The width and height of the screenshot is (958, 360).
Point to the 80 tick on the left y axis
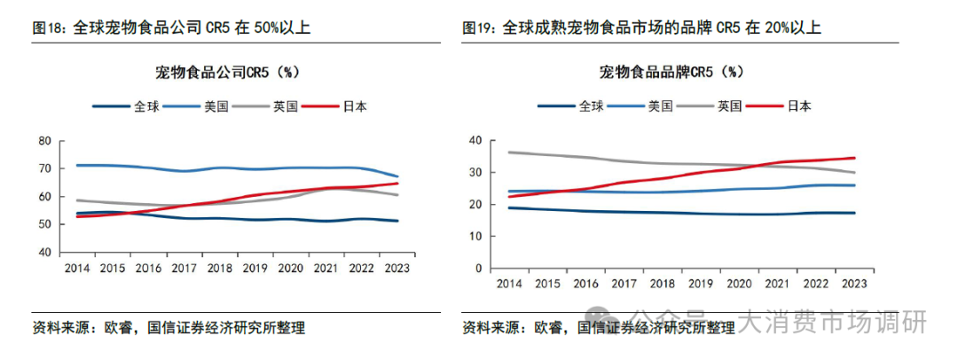pos(43,141)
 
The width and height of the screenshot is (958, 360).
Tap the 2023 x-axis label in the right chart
pos(853,283)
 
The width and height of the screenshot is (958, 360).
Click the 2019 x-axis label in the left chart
pos(255,266)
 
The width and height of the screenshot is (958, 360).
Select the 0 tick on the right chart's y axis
pos(478,268)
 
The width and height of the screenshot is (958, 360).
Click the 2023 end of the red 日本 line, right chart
pos(854,158)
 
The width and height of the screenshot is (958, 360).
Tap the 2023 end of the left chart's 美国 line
pos(397,176)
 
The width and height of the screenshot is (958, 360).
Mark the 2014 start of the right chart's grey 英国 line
pos(508,153)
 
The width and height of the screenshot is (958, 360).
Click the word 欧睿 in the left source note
pos(117,328)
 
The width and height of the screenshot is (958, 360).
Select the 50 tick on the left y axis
pos(43,224)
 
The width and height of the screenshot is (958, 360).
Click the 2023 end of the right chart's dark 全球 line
pos(854,213)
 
